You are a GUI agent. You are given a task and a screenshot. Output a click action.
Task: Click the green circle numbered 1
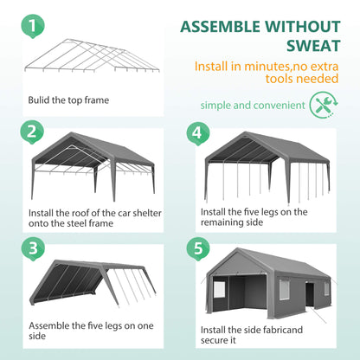(32, 25)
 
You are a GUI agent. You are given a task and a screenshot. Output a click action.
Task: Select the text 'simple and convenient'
(252, 106)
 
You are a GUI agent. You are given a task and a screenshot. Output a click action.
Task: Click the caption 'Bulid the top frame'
(67, 100)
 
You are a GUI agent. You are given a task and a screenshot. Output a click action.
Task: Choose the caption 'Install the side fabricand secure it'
(246, 334)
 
